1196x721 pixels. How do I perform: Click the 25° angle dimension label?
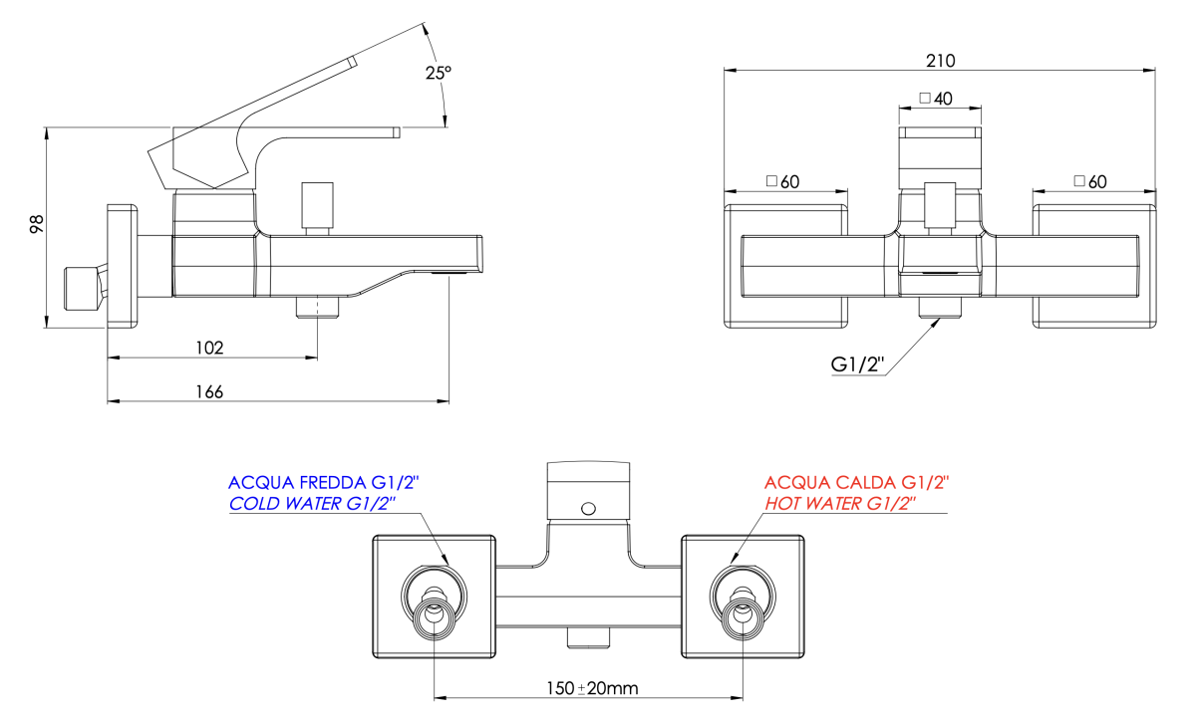click(x=438, y=73)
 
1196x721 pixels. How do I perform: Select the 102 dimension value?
click(x=209, y=348)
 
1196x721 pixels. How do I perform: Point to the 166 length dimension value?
click(x=209, y=391)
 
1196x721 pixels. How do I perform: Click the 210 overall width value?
click(x=940, y=61)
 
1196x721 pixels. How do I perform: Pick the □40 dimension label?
click(x=937, y=99)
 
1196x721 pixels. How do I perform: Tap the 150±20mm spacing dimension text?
click(x=592, y=688)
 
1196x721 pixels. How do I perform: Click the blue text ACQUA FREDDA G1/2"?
click(x=324, y=483)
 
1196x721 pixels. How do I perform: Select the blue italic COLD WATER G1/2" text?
click(x=313, y=504)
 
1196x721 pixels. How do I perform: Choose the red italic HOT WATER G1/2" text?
click(x=840, y=504)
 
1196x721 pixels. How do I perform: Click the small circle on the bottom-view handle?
click(x=588, y=508)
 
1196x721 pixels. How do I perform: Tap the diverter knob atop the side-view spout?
click(x=318, y=204)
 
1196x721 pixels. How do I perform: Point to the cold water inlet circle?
click(x=434, y=615)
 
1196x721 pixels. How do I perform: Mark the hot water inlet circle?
click(x=743, y=615)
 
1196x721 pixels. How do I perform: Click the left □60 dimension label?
click(x=783, y=181)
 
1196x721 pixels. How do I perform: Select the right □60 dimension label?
click(x=1090, y=181)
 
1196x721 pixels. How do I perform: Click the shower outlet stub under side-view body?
click(x=318, y=306)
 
